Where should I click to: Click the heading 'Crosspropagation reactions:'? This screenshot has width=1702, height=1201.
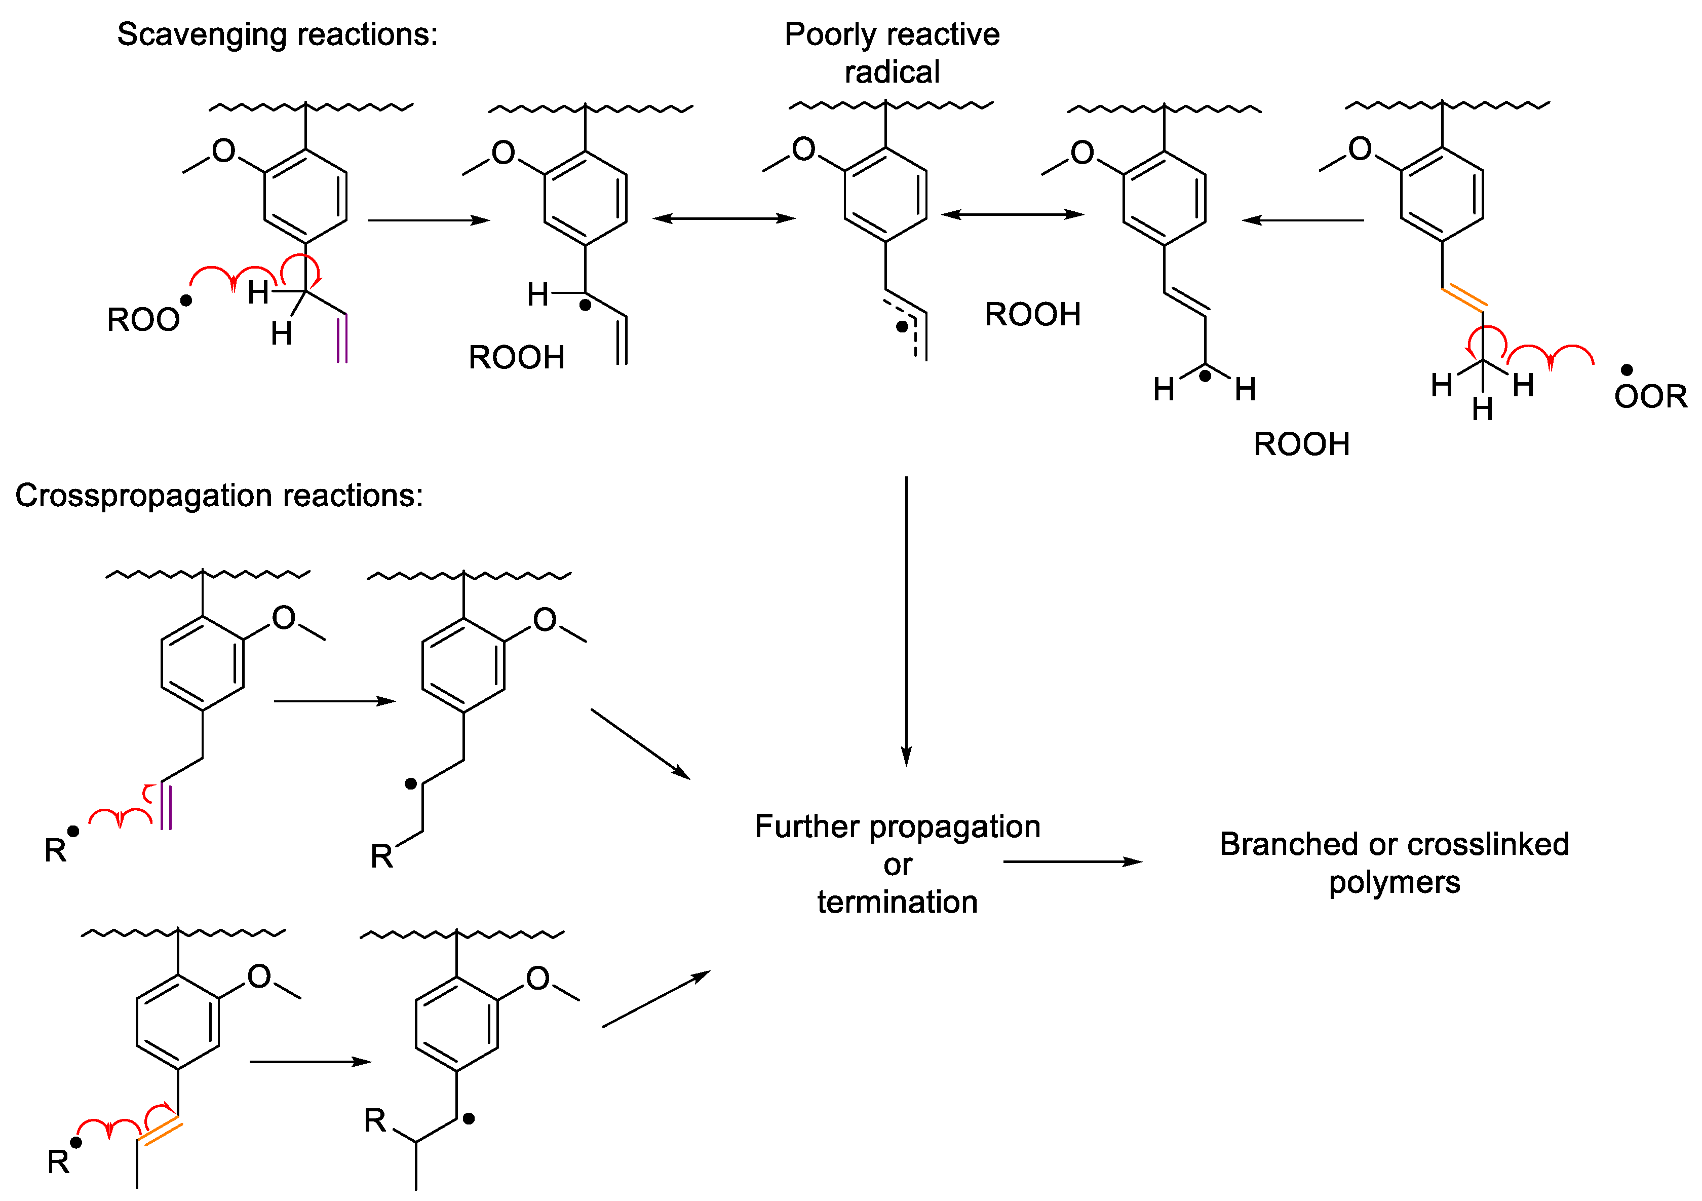(x=219, y=495)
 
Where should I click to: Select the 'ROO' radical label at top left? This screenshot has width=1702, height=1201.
(x=143, y=320)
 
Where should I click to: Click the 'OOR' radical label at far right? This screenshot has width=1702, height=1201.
(x=1650, y=397)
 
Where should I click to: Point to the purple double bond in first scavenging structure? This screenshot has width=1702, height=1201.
(x=342, y=339)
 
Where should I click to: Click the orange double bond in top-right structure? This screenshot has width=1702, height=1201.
(x=1464, y=297)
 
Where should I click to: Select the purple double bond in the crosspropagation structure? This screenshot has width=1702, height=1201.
(x=166, y=806)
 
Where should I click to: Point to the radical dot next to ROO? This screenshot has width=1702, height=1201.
(x=186, y=300)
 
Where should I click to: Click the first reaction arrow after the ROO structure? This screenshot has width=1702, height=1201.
(x=429, y=220)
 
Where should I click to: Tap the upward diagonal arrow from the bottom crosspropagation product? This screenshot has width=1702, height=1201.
(x=655, y=999)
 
